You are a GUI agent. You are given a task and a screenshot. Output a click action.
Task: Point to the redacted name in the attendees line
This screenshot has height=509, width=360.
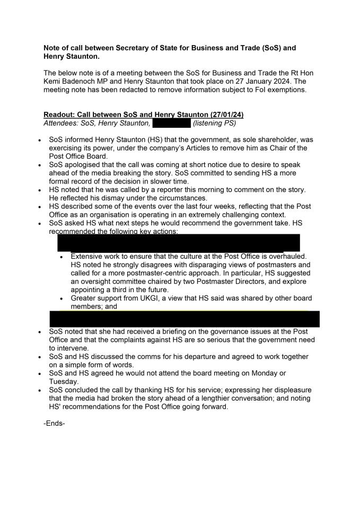(x=171, y=124)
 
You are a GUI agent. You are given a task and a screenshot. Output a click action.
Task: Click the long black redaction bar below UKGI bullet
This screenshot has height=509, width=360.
(x=185, y=319)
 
